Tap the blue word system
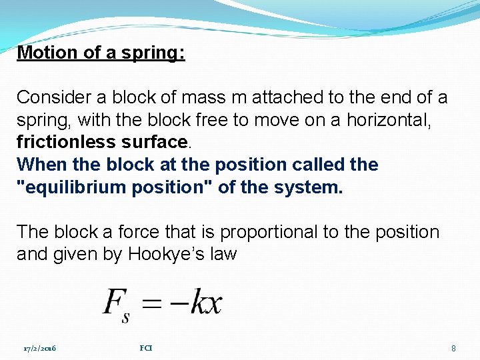point(308,187)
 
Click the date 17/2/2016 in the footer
point(39,348)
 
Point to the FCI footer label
point(146,347)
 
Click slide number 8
point(453,348)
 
